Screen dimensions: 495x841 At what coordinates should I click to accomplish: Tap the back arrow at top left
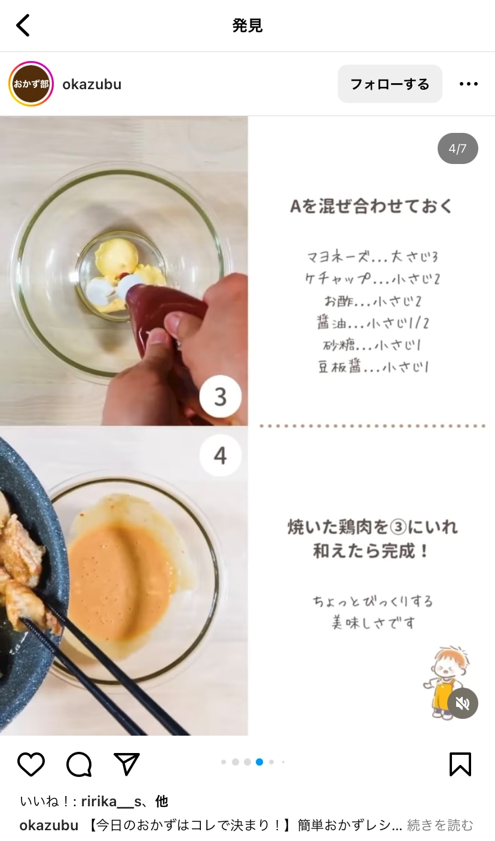pyautogui.click(x=23, y=25)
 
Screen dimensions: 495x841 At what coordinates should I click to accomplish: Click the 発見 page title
pyautogui.click(x=247, y=26)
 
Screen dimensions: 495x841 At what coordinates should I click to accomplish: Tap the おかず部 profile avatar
pyautogui.click(x=31, y=84)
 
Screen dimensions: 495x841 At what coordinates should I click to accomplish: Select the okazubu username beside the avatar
pyautogui.click(x=92, y=84)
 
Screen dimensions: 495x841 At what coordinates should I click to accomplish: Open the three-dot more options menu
pyautogui.click(x=469, y=84)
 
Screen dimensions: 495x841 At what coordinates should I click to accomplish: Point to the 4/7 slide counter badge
pyautogui.click(x=457, y=148)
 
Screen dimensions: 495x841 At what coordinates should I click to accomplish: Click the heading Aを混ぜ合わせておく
pyautogui.click(x=372, y=206)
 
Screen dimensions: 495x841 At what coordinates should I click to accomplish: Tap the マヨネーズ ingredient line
pyautogui.click(x=372, y=257)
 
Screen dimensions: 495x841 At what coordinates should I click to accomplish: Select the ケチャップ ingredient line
pyautogui.click(x=372, y=278)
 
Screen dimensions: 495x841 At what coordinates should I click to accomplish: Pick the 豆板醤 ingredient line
pyautogui.click(x=373, y=366)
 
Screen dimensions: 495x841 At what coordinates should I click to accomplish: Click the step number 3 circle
pyautogui.click(x=220, y=396)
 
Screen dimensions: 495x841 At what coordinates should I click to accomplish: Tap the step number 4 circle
pyautogui.click(x=220, y=456)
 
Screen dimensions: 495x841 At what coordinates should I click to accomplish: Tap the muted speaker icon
pyautogui.click(x=462, y=703)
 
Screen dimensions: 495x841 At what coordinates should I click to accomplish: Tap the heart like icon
pyautogui.click(x=31, y=764)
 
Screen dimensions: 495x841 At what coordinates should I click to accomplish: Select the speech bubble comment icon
pyautogui.click(x=79, y=764)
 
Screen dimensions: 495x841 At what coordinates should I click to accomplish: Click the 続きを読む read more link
pyautogui.click(x=440, y=825)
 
